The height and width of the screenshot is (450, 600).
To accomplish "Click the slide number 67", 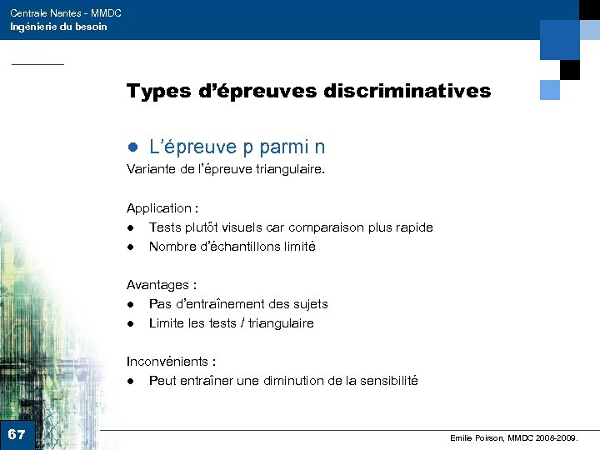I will point(17,435).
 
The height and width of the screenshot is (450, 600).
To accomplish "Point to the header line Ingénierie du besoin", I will point(58,27).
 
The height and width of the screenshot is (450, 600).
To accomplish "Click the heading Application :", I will point(162,208).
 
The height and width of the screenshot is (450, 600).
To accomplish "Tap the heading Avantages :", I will point(161,285).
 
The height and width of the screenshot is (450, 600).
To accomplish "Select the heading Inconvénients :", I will point(171,362).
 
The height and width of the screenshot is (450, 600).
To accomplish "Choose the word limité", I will point(297,247).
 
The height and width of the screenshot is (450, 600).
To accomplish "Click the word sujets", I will point(307,304).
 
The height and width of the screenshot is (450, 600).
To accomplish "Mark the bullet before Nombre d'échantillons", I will point(131,247).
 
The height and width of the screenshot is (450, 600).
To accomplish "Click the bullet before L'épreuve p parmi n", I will point(132,148).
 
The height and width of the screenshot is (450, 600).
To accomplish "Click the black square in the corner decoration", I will point(569,69).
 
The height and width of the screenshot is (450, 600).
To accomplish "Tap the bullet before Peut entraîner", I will point(131,381).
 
